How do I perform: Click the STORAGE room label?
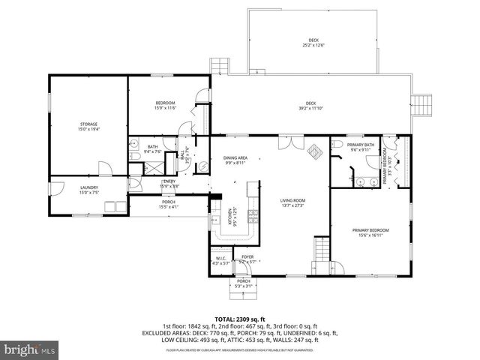(89, 126)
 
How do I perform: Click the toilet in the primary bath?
(338, 145)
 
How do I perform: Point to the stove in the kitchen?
(253, 217)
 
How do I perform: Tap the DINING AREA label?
(235, 159)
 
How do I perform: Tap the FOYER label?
(247, 259)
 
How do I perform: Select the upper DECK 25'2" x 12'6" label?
(313, 43)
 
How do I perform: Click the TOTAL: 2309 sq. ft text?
(239, 319)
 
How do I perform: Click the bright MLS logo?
(30, 349)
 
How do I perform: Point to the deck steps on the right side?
(424, 104)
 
